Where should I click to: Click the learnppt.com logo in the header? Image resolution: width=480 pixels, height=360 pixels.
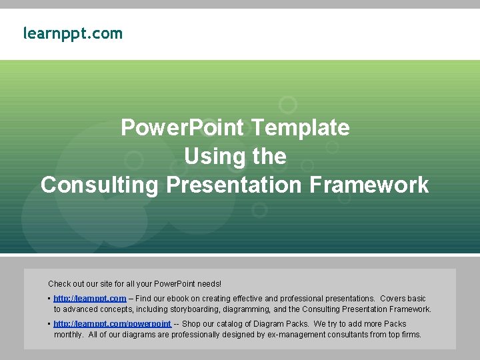click(x=73, y=33)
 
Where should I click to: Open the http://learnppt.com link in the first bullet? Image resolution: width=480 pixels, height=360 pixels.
click(x=89, y=299)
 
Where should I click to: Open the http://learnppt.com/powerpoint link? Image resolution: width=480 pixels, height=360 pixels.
click(x=112, y=324)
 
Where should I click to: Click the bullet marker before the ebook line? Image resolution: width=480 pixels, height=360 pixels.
click(x=49, y=299)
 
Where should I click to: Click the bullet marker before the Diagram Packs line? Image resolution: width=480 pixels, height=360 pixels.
click(x=49, y=324)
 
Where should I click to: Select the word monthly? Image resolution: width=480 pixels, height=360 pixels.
click(x=68, y=335)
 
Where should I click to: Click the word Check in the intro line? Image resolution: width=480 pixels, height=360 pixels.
click(x=59, y=284)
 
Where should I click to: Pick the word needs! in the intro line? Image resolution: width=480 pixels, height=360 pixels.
click(x=208, y=284)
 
